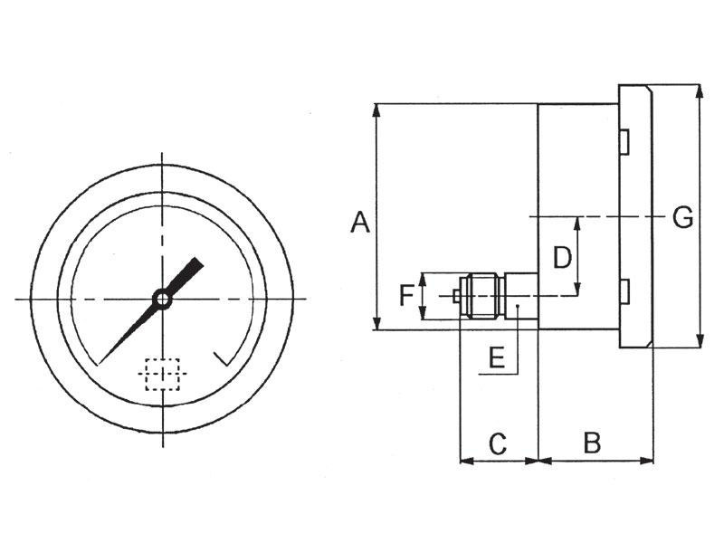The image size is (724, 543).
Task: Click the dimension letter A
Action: [x=360, y=222]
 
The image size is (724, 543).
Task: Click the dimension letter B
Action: [x=592, y=443]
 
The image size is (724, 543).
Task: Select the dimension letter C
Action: [x=498, y=443]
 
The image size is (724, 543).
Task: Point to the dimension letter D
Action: [x=562, y=257]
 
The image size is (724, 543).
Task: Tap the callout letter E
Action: [x=496, y=357]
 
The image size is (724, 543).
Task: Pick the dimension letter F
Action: [x=406, y=296]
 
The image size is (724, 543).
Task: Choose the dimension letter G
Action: [x=683, y=217]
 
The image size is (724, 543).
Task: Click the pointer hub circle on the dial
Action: [x=163, y=299]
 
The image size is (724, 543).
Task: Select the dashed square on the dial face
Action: [x=162, y=374]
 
